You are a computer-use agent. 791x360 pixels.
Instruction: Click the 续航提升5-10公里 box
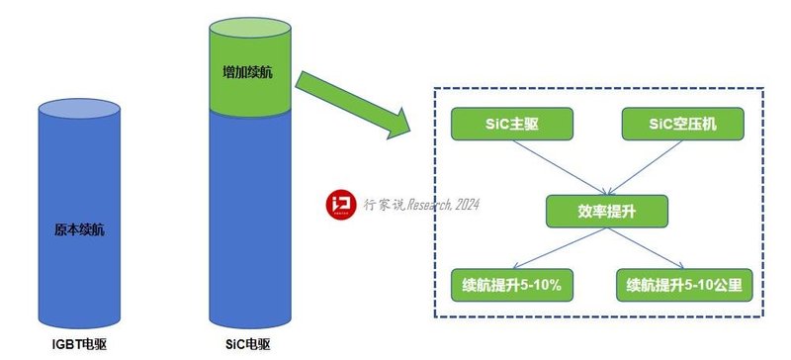point(684,286)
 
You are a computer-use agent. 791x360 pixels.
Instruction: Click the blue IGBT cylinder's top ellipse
point(79,106)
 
